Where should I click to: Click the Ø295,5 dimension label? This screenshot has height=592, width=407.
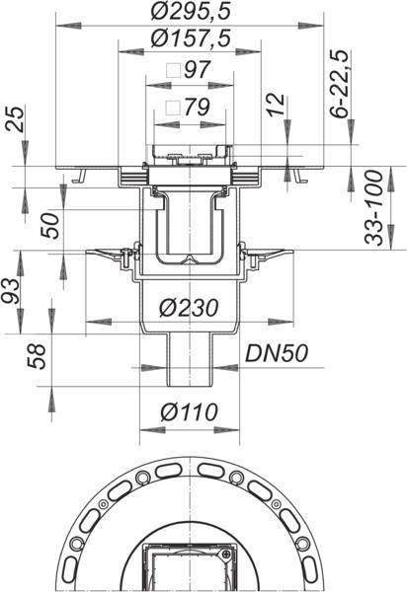[x=190, y=11]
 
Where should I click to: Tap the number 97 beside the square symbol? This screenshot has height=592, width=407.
[x=197, y=69]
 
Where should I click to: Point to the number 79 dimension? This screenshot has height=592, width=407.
[x=197, y=108]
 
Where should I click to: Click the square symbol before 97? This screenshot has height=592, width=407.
[x=174, y=70]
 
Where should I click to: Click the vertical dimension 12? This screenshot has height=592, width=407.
[x=276, y=105]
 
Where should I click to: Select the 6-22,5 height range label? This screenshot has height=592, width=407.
[x=339, y=84]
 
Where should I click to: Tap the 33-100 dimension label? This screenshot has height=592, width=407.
[x=374, y=207]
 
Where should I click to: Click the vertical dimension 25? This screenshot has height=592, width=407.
[x=16, y=118]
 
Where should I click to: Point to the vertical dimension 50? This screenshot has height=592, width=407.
[x=51, y=225]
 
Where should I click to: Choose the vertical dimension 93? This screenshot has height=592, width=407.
[x=10, y=291]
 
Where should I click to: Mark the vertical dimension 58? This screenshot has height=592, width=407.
[x=37, y=356]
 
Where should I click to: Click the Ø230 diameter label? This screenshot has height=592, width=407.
[x=189, y=308]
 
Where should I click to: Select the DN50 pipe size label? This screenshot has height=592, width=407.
[x=277, y=353]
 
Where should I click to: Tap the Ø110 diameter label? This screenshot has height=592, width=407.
[x=189, y=411]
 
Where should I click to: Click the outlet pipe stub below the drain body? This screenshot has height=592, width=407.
[x=189, y=360]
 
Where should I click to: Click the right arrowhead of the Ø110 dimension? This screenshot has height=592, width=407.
[x=227, y=430]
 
